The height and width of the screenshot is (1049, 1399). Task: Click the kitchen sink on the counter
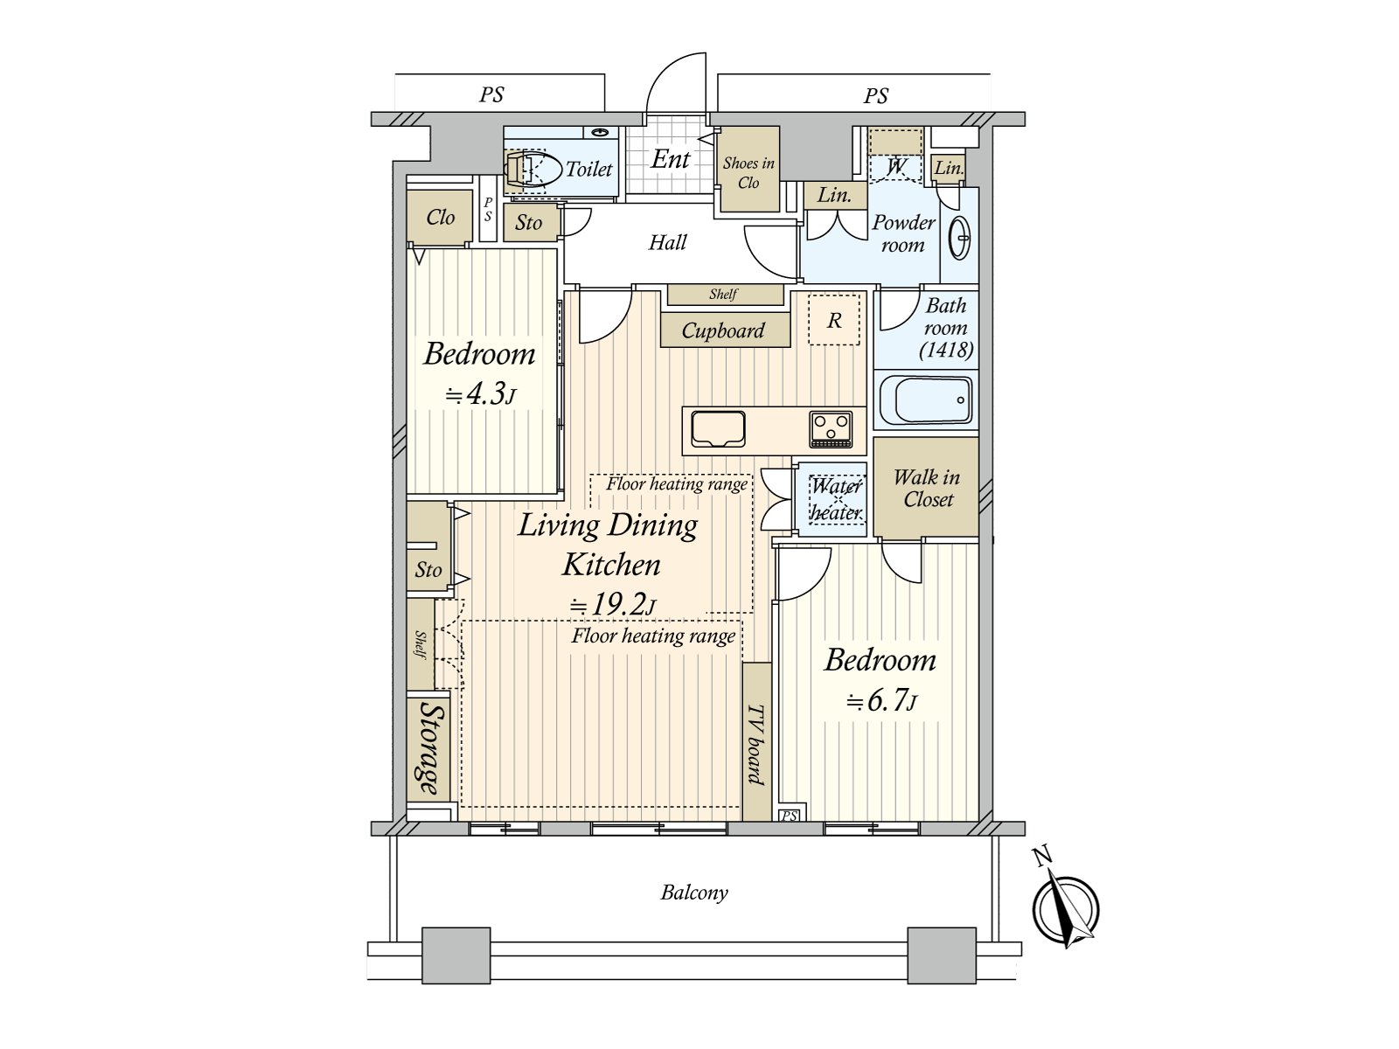pos(718,429)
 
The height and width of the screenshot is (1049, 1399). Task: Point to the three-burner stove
pos(831,428)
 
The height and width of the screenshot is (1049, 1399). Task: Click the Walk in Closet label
pos(927,488)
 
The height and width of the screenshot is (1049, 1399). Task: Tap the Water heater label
pos(836,498)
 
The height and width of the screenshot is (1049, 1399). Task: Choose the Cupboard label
pos(723,330)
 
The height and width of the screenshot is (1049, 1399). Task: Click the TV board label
pos(756,744)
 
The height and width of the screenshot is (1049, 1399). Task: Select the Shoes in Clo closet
pos(748,170)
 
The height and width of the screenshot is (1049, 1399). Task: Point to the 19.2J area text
pos(612,604)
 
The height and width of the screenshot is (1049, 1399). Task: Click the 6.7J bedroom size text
pos(881,701)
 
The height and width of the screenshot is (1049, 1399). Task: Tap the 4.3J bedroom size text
pos(480,395)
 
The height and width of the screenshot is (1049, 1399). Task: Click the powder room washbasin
pos(959,239)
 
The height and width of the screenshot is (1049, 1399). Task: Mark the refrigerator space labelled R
pos(833,320)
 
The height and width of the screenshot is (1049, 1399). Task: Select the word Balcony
pos(694,893)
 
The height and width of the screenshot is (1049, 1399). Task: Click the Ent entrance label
pos(670,158)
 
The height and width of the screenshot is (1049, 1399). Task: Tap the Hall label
pos(667,242)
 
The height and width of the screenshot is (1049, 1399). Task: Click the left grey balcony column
pos(456,955)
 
